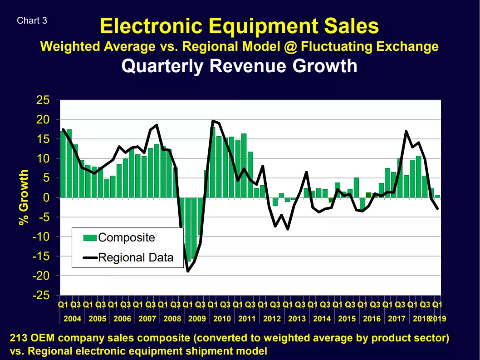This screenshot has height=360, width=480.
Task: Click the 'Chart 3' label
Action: (x=32, y=20)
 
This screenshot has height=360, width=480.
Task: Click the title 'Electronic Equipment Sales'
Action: (x=239, y=26)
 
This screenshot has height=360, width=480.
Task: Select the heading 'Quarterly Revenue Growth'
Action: (x=240, y=66)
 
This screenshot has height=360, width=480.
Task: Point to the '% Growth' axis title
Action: (x=24, y=197)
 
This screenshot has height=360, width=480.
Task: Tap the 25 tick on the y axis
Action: (x=43, y=100)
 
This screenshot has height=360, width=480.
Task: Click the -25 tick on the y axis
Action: (x=41, y=296)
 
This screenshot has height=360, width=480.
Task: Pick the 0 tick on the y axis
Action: (x=46, y=197)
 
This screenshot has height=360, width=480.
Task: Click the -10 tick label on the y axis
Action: (x=41, y=237)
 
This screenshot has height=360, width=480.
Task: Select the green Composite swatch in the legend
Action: (x=90, y=238)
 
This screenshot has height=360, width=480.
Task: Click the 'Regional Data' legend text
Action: (x=136, y=258)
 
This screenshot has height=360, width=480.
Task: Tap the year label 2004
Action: (x=72, y=319)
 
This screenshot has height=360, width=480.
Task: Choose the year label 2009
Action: (x=197, y=319)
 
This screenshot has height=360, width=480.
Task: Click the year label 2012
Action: (x=272, y=319)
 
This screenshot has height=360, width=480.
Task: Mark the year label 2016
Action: (x=372, y=319)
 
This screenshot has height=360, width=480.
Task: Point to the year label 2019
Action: (x=438, y=319)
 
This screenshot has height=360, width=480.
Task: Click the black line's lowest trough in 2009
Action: (x=188, y=271)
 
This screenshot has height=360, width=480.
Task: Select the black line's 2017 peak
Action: (x=406, y=132)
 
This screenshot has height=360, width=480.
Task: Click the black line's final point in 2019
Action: (x=437, y=208)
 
